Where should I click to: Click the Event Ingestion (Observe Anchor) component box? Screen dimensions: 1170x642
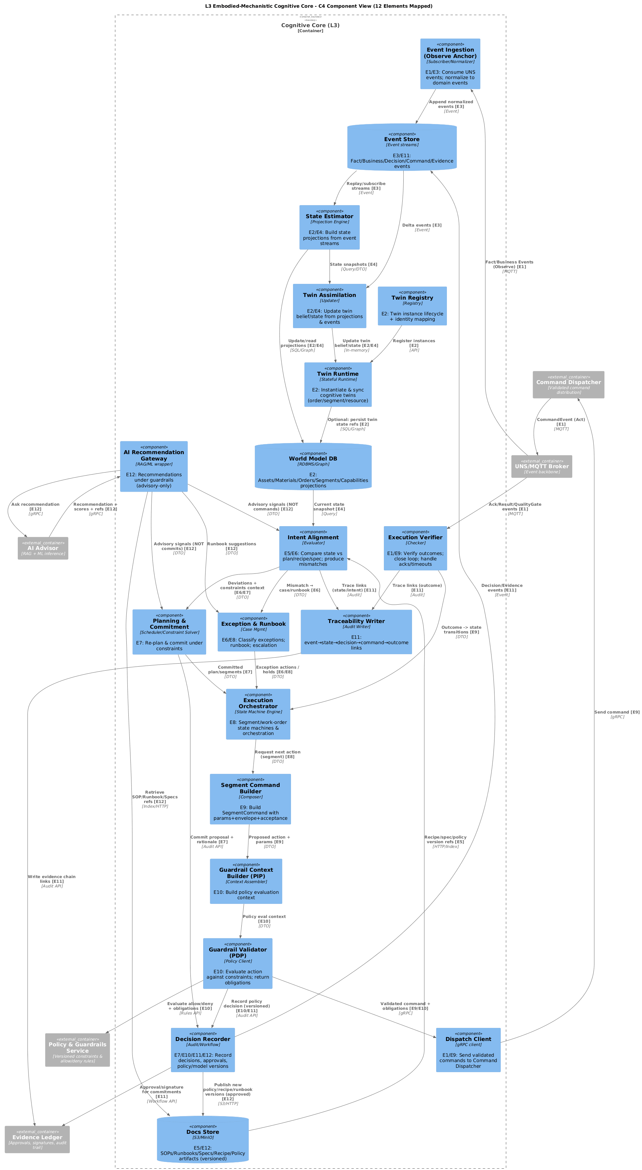[x=450, y=64]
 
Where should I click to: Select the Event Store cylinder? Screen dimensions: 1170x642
[x=402, y=147]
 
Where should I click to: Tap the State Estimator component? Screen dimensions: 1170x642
[x=330, y=227]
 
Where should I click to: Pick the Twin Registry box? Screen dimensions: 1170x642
[x=412, y=306]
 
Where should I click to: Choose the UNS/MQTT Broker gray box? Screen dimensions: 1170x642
[x=541, y=467]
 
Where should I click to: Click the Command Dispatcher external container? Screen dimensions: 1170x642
[x=568, y=385]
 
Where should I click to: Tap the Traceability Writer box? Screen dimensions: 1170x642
[x=356, y=632]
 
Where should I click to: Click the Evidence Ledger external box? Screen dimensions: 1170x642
[x=37, y=1139]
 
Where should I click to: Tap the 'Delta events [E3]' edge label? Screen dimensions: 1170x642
[x=422, y=227]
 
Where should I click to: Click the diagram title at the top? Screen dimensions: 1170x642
[x=318, y=6]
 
